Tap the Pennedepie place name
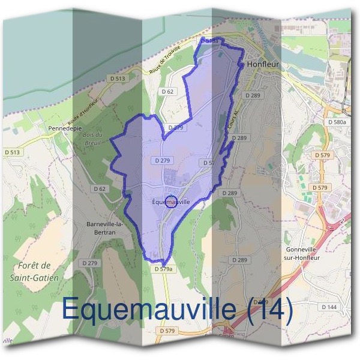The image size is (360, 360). coord(64,128)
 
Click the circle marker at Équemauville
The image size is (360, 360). coord(170,202)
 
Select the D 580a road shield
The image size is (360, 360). coord(338,122)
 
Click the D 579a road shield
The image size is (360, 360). coord(163,269)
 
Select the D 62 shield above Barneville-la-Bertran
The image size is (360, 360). coord(100,188)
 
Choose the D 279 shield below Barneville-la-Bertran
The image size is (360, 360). coord(89,263)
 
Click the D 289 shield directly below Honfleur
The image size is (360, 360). coord(252,95)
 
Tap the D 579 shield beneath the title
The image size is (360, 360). coord(167,331)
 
